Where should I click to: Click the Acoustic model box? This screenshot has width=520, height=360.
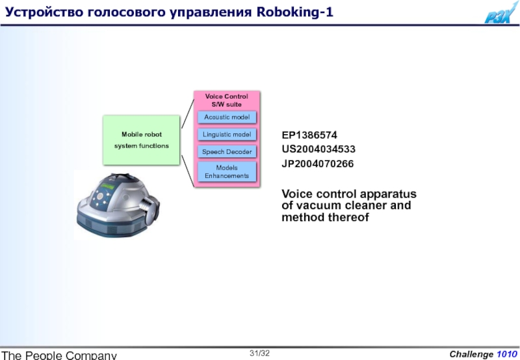(227, 117)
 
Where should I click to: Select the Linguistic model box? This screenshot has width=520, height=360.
(227, 135)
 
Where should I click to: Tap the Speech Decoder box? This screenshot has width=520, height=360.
(227, 152)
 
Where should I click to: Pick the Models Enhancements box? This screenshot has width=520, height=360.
(227, 172)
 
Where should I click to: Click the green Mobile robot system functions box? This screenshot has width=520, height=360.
(141, 140)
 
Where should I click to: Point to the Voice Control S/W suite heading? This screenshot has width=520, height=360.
(227, 100)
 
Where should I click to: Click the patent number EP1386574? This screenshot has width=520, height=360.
(309, 136)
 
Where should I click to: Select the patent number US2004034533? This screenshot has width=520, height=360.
(318, 149)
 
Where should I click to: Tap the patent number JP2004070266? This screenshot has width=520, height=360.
(318, 164)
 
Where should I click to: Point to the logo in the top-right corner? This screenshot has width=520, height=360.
(501, 13)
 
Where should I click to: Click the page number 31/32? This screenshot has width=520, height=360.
(260, 353)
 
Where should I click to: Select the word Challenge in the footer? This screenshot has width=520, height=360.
(471, 354)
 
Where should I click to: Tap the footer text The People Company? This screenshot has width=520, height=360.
(59, 355)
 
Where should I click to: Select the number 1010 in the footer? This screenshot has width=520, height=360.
(507, 354)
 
